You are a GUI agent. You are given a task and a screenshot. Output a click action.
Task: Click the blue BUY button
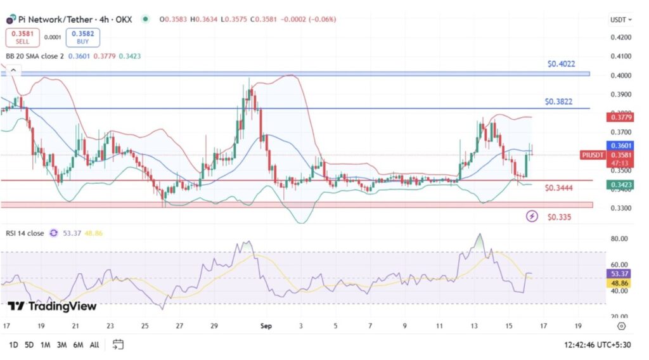(82, 37)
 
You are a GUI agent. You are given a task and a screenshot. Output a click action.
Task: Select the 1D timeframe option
(13, 345)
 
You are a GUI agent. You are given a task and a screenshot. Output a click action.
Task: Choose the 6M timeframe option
(78, 345)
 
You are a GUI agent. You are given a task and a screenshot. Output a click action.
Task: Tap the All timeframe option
(94, 345)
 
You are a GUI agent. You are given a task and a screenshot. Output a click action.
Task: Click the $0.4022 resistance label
(561, 64)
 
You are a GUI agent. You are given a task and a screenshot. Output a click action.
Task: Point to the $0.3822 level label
(558, 101)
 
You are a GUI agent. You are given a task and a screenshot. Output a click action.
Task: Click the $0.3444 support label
(558, 188)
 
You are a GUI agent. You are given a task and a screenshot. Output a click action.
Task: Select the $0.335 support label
(560, 217)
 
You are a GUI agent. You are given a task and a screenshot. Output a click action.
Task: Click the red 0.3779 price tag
(619, 117)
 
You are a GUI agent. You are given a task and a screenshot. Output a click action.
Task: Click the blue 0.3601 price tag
(619, 145)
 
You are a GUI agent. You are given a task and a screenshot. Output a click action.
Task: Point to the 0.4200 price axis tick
(619, 37)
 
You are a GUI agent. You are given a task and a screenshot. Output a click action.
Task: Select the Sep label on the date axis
(266, 326)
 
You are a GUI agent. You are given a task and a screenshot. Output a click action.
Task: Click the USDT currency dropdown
(620, 20)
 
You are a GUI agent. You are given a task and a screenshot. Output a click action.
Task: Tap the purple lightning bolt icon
(532, 217)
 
